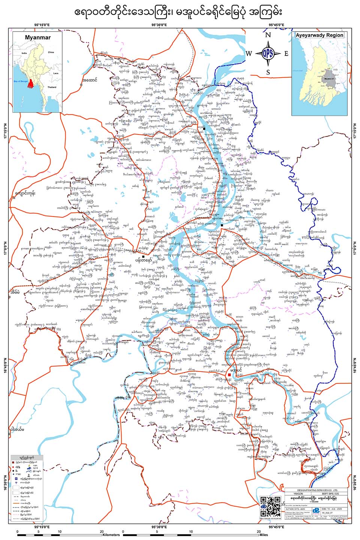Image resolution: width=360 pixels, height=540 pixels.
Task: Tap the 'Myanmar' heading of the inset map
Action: [37, 37]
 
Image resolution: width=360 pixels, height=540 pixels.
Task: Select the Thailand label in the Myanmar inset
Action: [52, 87]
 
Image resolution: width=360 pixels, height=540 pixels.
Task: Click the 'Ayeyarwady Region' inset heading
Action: [319, 35]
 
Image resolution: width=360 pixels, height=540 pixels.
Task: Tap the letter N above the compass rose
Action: [268, 35]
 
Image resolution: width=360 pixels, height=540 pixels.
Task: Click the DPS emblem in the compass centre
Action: [268, 53]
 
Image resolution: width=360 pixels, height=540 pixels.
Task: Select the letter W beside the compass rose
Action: [249, 54]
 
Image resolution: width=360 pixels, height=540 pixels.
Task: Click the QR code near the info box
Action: [270, 507]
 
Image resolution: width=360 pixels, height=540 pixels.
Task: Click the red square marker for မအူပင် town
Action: [229, 375]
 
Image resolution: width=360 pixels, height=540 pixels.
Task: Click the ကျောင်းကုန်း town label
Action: [25, 193]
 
